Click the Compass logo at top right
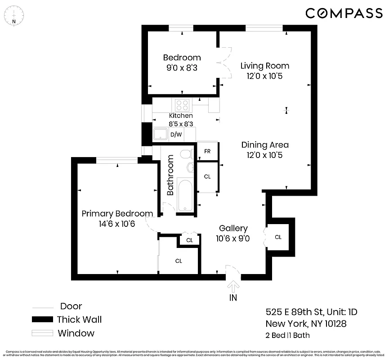(344, 13)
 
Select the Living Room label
(264, 66)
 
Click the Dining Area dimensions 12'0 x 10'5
(264, 155)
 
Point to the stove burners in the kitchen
(182, 105)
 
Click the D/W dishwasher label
(176, 135)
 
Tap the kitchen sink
(160, 134)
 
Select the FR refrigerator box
(207, 152)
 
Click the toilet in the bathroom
(185, 155)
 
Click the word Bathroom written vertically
(170, 175)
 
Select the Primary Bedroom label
(117, 214)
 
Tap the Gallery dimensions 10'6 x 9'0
(233, 238)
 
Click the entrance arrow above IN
(233, 286)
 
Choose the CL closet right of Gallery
(278, 237)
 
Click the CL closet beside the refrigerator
(207, 177)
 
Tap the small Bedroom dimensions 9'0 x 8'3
(182, 68)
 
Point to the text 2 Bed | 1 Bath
(287, 335)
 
